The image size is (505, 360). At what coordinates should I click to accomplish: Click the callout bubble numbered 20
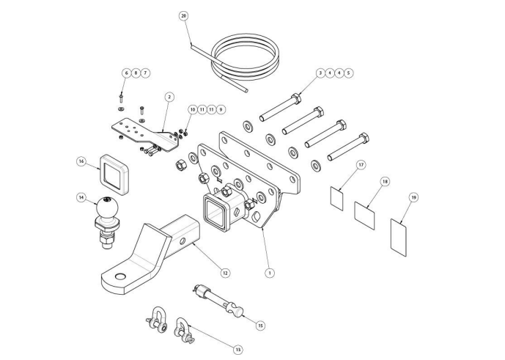coord(184,15)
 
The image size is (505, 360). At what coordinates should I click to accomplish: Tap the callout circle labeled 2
coord(169,96)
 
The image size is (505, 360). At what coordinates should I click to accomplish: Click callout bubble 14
coord(82,197)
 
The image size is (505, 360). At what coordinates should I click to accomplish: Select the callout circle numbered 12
coord(226,273)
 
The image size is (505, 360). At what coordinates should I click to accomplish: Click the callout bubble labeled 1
coord(270,273)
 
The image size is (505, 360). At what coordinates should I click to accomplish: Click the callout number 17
coord(361,166)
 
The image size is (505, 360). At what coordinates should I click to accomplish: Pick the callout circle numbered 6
coord(126,73)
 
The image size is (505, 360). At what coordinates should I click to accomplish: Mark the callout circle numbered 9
coord(221,109)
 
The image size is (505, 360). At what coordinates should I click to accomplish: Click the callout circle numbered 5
coord(349,73)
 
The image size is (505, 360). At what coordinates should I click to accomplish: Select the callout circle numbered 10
coord(192,109)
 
